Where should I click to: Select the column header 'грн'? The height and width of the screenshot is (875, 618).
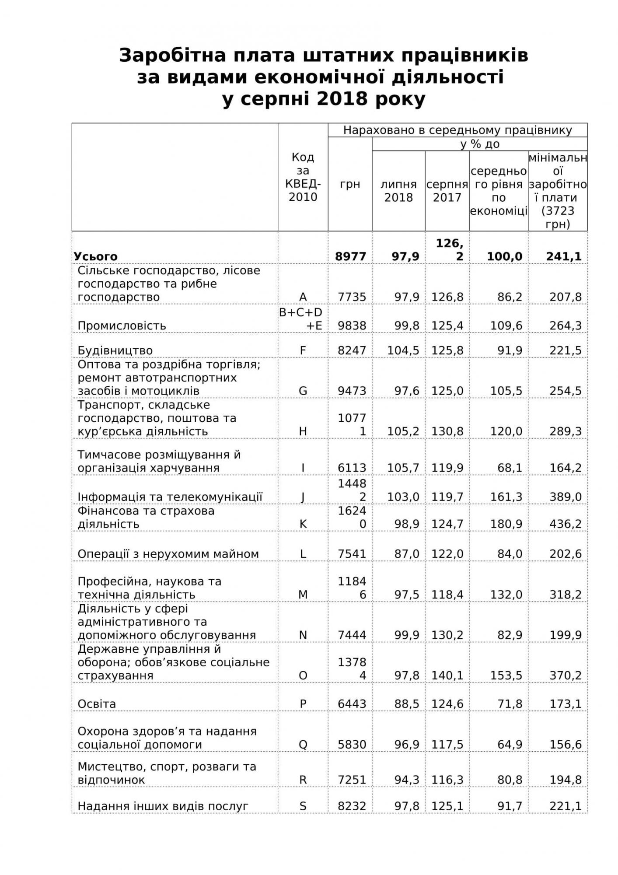350,184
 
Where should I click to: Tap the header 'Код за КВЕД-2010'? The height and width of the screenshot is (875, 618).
303,177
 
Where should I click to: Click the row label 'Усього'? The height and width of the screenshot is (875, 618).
95,256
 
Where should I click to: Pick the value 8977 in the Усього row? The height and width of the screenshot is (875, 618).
350,256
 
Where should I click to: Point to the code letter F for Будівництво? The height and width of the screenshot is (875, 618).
303,350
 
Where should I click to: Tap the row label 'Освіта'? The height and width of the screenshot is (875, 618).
97,704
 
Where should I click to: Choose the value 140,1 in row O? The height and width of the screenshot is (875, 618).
447,675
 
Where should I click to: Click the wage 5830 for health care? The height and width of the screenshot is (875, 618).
352,744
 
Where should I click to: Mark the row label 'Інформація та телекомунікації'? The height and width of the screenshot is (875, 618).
170,497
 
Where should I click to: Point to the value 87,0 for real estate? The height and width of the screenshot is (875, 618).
407,554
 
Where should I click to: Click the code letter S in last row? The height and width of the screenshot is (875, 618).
303,806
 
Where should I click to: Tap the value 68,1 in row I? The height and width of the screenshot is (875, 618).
510,468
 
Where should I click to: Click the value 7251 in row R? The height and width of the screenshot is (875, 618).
352,780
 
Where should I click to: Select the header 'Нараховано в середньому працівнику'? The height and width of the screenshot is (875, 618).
457,130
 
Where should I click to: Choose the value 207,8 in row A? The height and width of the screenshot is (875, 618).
566,297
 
